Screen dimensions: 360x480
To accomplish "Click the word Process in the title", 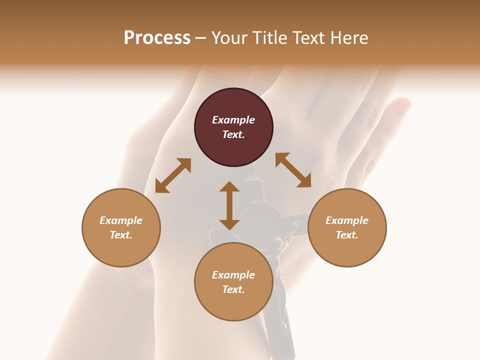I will [157, 38].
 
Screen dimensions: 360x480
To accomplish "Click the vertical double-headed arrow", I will [229, 205].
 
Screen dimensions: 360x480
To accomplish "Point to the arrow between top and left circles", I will [173, 175].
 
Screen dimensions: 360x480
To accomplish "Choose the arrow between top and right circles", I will [293, 170].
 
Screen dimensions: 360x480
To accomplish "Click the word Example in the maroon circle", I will [233, 120].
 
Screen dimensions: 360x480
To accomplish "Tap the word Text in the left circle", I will [121, 235].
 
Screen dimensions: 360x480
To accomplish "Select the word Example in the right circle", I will [347, 220].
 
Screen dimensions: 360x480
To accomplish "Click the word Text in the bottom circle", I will [233, 289].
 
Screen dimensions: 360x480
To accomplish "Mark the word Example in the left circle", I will [121, 220].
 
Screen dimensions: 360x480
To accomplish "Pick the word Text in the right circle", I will [347, 235].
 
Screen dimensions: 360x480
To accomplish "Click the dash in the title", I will [201, 38].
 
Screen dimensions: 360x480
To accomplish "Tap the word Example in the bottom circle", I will [233, 275].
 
